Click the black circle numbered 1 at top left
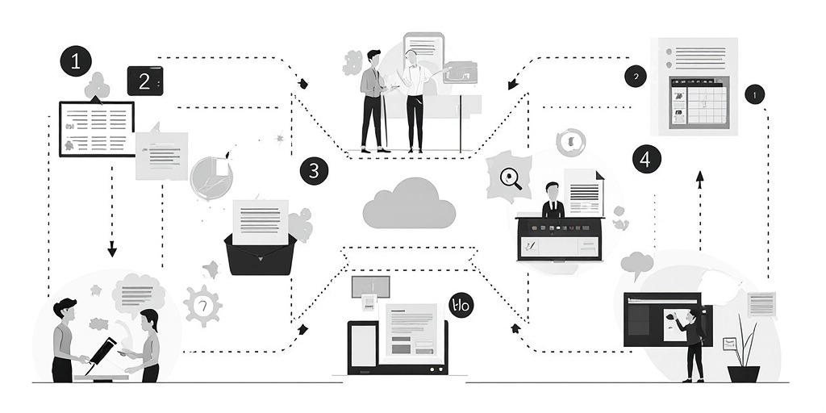pyautogui.click(x=76, y=60)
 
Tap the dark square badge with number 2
pyautogui.click(x=145, y=81)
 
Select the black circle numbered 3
pyautogui.click(x=314, y=171)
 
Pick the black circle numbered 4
pyautogui.click(x=646, y=159)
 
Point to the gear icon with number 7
pyautogui.click(x=202, y=306)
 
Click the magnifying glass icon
pyautogui.click(x=511, y=178)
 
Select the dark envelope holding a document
pyautogui.click(x=258, y=250)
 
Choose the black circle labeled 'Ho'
pyautogui.click(x=461, y=305)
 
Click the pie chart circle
pyautogui.click(x=211, y=177)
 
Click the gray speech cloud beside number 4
pyautogui.click(x=636, y=262)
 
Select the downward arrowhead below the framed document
pyautogui.click(x=112, y=251)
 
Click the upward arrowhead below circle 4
pyautogui.click(x=699, y=175)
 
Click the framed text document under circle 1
pyautogui.click(x=97, y=127)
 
